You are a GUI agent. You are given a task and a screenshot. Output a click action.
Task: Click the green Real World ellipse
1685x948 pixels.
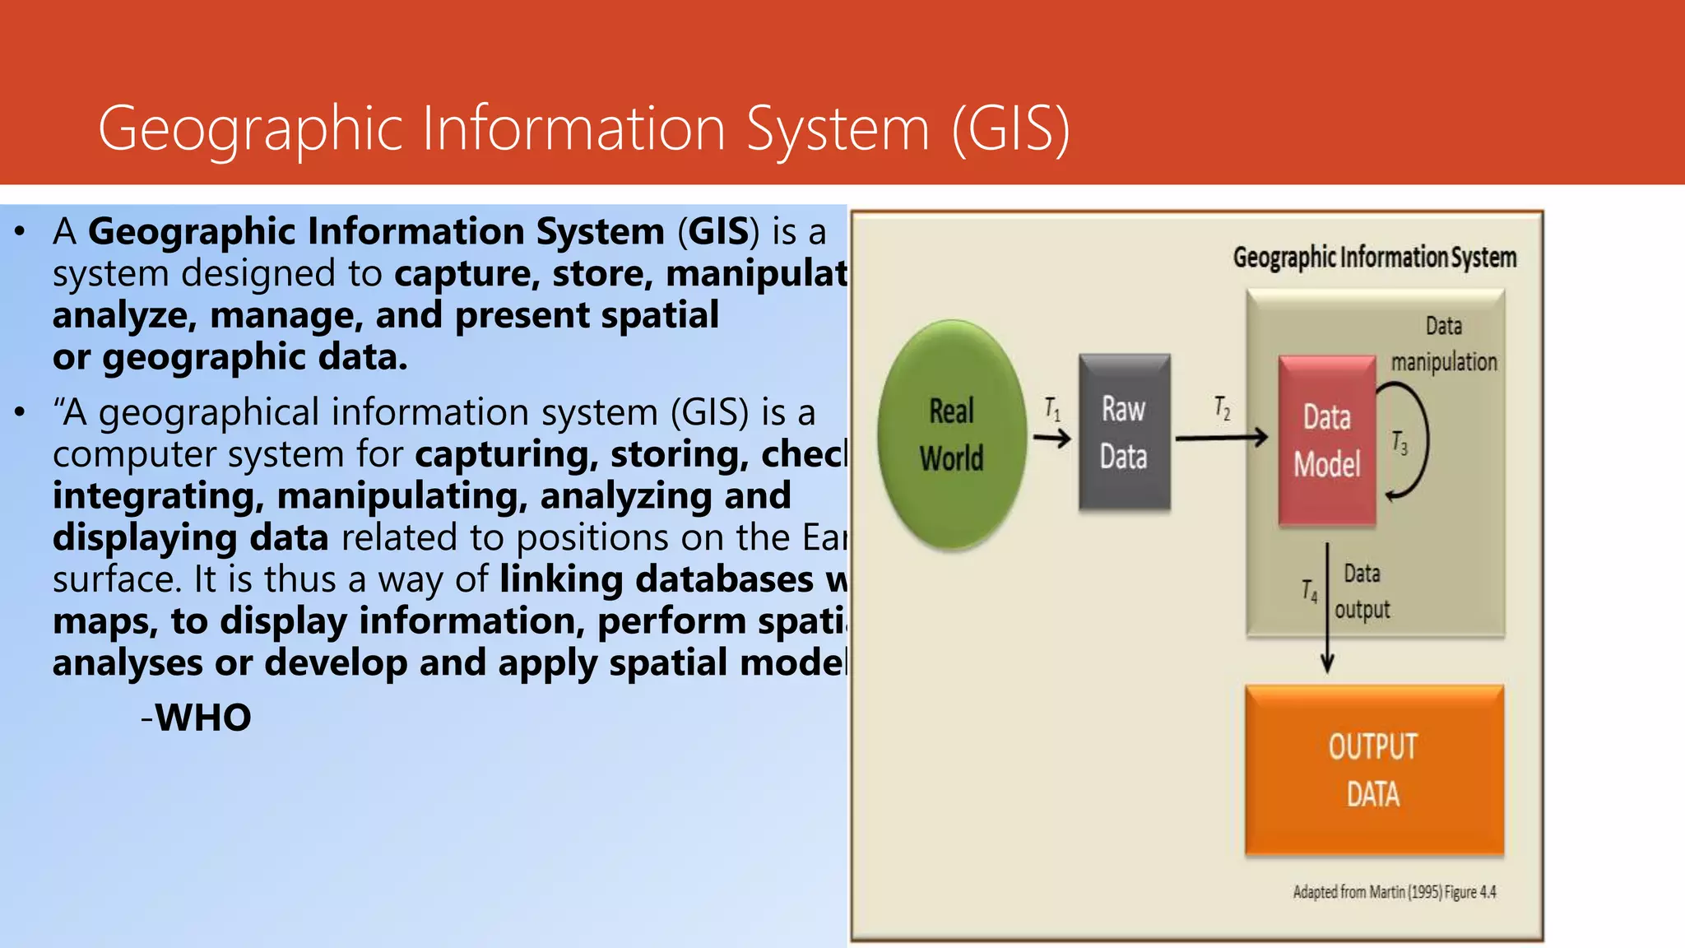[952, 434]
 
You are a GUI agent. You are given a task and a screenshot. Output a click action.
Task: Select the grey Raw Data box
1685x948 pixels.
[1124, 433]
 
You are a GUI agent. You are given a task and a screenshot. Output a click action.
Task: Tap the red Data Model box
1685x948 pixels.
[1326, 441]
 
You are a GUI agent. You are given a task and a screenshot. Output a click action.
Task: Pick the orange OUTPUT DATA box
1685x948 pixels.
[1374, 770]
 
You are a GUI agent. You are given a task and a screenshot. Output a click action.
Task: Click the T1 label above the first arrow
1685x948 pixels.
[1052, 409]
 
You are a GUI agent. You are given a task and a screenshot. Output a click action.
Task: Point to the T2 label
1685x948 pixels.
[1223, 408]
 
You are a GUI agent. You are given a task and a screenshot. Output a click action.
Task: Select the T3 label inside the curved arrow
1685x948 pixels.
[1400, 443]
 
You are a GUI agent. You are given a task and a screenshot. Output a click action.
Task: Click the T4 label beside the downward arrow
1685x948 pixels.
[1309, 590]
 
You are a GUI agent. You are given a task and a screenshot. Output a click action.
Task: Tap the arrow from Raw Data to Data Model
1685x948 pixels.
[1222, 438]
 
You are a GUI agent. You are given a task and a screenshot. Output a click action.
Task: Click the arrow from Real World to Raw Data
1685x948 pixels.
[1052, 438]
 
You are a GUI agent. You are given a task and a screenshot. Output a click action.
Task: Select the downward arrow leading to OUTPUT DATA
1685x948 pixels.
[1327, 609]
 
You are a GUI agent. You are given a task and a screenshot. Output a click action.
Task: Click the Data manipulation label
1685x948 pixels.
[1444, 344]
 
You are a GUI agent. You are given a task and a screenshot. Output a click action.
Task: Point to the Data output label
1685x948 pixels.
[1362, 592]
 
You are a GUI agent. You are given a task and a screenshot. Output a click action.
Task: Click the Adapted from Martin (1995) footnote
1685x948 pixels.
[1394, 892]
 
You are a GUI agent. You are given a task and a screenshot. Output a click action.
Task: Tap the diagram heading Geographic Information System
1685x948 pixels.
[1374, 258]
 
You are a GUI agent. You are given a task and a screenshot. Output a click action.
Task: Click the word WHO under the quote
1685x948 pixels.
[203, 718]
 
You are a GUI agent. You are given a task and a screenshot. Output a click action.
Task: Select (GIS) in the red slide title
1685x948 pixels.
[1010, 129]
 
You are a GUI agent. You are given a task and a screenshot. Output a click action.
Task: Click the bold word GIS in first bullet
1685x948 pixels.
[718, 232]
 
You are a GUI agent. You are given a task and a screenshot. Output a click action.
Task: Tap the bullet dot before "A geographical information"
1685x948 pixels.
[20, 411]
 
